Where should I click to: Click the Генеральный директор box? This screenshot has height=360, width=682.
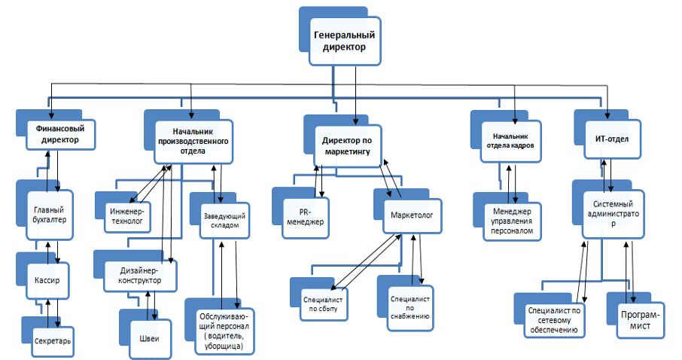343,41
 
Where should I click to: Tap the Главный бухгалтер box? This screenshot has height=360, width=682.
50,215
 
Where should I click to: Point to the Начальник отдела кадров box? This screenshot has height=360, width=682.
509,141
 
